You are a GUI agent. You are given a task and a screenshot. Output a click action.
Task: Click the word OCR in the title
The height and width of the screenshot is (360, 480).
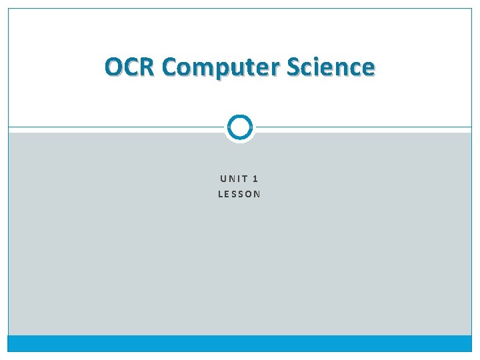[x=131, y=67]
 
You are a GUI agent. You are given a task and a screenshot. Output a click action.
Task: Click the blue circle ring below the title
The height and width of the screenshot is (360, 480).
[x=239, y=127]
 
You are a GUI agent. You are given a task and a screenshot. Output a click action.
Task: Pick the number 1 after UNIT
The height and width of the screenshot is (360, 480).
[x=257, y=179]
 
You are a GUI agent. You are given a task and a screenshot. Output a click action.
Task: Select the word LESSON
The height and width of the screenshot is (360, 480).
[x=239, y=195]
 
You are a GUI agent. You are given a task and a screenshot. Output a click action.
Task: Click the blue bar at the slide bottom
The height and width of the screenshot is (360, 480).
[x=239, y=343]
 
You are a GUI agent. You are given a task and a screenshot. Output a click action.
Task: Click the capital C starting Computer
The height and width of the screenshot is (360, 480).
[x=170, y=67]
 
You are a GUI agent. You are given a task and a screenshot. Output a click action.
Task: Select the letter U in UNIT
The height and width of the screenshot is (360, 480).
[x=223, y=179]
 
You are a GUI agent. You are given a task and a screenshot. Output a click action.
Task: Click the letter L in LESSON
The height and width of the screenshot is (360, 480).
[x=221, y=195]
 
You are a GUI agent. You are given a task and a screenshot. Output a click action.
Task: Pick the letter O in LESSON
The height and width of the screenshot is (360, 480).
[x=249, y=195]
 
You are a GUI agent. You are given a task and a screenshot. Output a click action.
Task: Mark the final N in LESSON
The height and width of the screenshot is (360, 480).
[x=257, y=195]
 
